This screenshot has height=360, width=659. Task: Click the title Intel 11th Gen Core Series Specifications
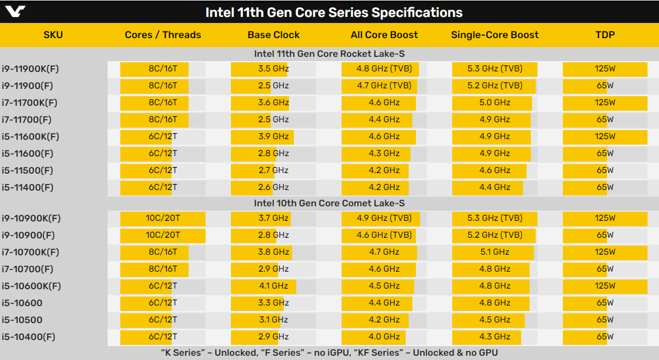click(x=334, y=12)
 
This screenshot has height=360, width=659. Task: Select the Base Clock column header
click(x=273, y=34)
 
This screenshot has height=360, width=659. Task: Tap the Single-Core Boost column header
click(x=495, y=34)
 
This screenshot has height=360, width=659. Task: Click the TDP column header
click(x=605, y=34)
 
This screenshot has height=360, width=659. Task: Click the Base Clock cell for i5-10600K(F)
click(x=273, y=286)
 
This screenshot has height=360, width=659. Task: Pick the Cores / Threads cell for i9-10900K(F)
click(x=163, y=218)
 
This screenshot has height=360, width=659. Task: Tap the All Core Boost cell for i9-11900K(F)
click(x=384, y=68)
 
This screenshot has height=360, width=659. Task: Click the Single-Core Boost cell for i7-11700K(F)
click(x=495, y=102)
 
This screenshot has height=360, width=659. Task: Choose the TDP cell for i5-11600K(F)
click(x=605, y=136)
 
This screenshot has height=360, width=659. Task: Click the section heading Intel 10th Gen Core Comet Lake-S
click(x=329, y=203)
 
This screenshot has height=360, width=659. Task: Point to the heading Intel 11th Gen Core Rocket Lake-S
click(x=329, y=54)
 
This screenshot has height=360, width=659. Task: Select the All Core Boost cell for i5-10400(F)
click(x=384, y=336)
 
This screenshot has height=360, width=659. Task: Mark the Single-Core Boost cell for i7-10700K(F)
click(x=495, y=252)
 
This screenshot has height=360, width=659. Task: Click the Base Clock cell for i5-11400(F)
click(x=273, y=187)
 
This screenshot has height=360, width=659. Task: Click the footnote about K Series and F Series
click(x=329, y=353)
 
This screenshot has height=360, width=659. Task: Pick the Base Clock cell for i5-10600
click(x=273, y=303)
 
